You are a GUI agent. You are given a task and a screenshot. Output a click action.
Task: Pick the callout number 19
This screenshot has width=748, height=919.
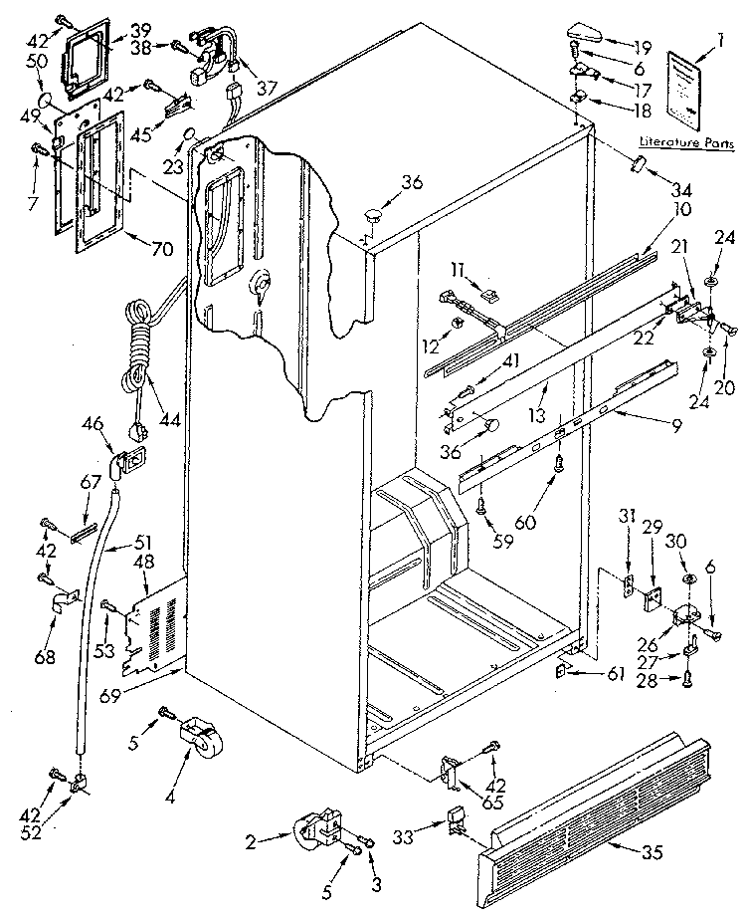pyautogui.click(x=642, y=46)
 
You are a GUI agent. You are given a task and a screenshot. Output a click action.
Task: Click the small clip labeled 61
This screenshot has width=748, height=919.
pyautogui.click(x=562, y=672)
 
